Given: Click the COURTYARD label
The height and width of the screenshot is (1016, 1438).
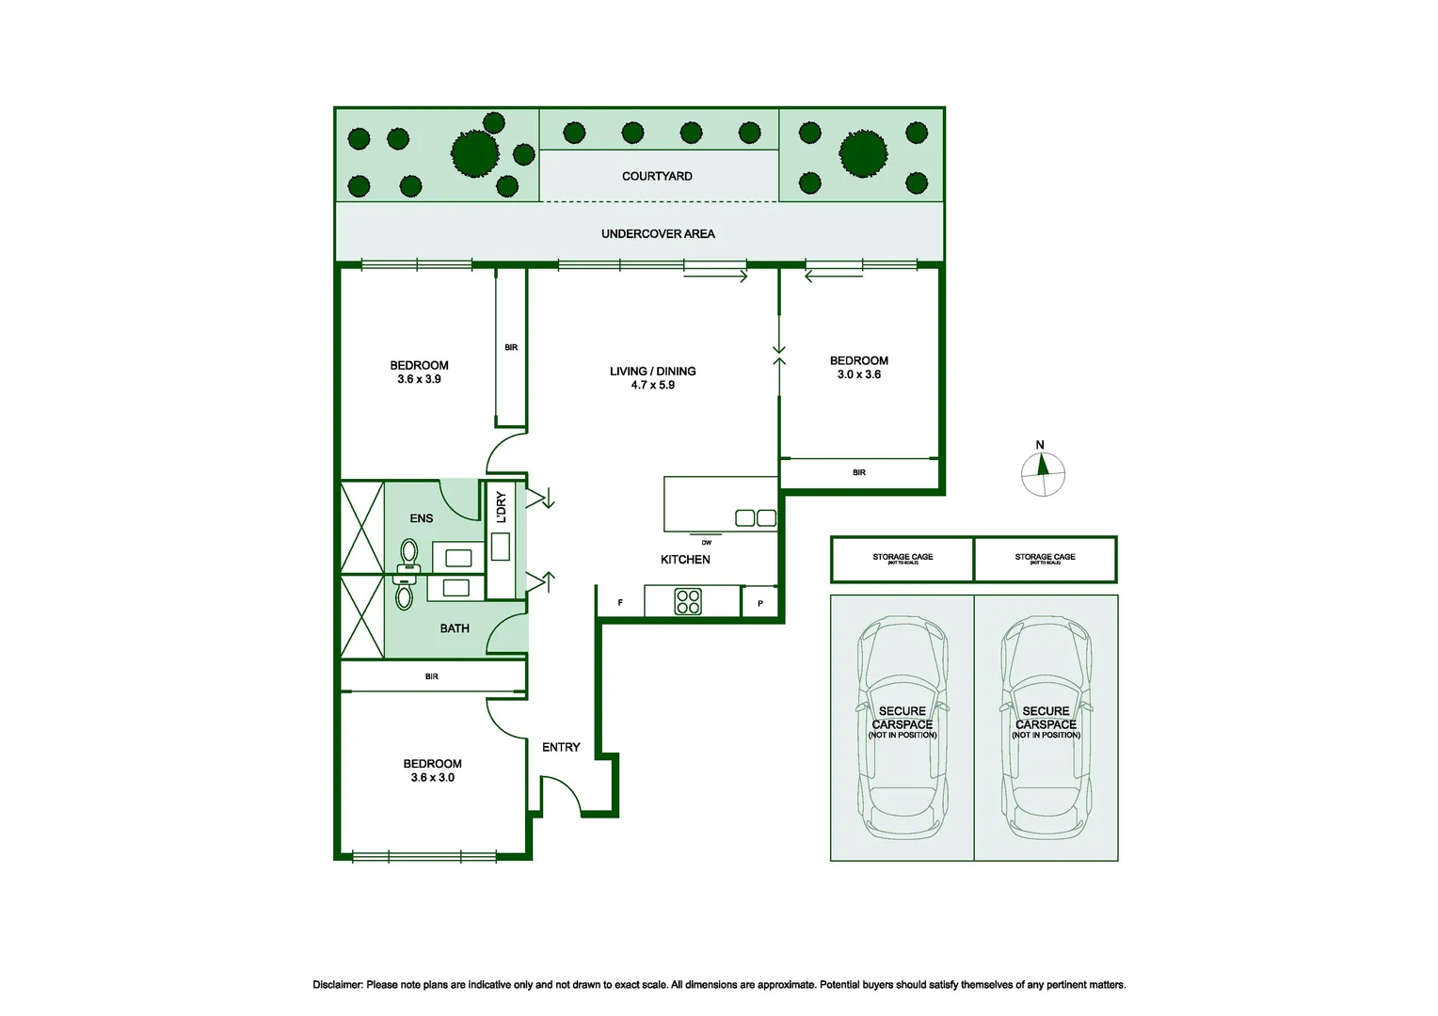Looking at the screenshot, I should pos(657,176).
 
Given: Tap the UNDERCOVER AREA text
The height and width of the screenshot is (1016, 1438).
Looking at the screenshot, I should pos(658,233).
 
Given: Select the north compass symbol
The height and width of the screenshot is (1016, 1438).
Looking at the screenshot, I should pos(1043,474).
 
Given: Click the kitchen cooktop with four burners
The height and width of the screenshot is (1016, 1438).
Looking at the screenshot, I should pos(688,601).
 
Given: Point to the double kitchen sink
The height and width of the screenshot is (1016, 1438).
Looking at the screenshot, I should pos(756,517).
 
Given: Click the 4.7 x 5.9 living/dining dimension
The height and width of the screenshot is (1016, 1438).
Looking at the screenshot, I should pos(653,385).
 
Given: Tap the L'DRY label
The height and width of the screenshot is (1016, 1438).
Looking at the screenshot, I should pos(501,507).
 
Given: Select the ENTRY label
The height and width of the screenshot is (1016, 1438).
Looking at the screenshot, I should pos(561,747).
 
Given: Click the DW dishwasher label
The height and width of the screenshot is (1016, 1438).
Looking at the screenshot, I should pos(707,543).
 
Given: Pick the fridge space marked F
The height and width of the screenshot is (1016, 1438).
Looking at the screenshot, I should pos(620,602).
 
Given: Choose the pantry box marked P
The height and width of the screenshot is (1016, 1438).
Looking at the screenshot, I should pos(760,603).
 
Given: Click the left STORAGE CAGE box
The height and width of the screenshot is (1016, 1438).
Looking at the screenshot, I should pos(903,559).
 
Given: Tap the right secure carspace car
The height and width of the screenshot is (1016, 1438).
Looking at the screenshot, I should pos(1046,728).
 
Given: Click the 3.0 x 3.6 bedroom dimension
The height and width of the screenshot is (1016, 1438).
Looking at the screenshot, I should pos(859,374).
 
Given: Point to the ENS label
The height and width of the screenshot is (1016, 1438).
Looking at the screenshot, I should pos(422,518).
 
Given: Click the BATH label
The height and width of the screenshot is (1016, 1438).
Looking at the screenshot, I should pos(455,628).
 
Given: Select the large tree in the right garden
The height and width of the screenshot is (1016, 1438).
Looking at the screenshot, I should pos(863,154).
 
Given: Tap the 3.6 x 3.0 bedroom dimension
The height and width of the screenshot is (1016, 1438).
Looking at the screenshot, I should pos(432,778).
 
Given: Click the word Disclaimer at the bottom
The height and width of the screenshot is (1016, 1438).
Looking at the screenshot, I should pos(337,985).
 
